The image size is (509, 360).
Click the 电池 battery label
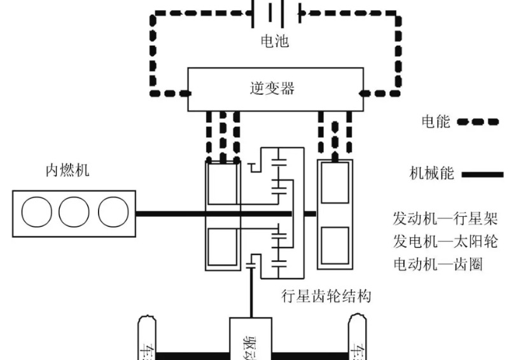coord(275,42)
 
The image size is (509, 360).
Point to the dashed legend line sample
coord(478,122)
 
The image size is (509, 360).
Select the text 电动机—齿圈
coord(437,263)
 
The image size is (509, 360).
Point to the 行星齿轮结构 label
coord(326,296)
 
